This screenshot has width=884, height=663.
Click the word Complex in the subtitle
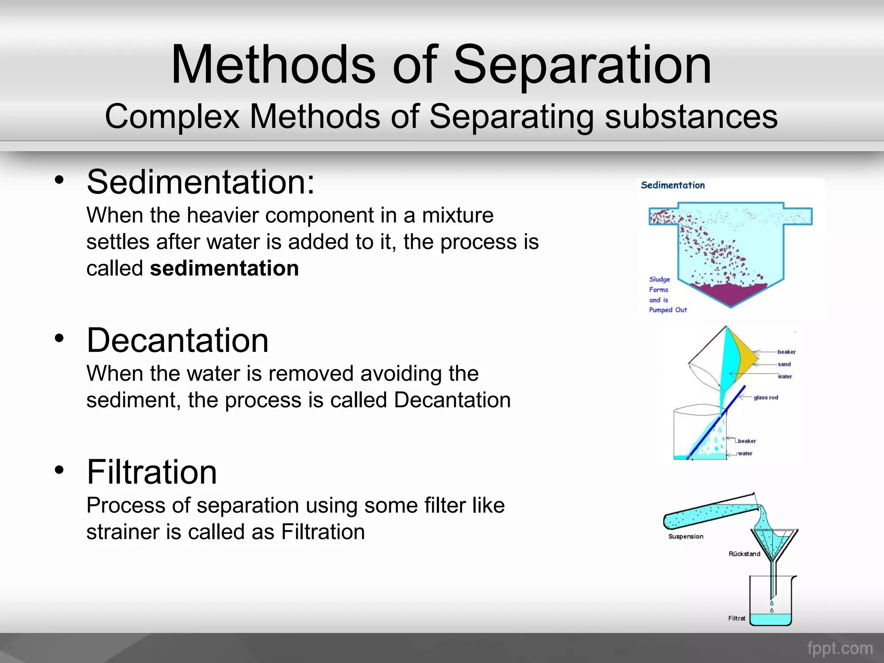click(x=172, y=117)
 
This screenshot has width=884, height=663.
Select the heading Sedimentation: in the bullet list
click(x=201, y=182)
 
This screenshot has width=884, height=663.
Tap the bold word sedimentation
click(x=224, y=268)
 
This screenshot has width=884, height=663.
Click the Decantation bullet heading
click(x=177, y=340)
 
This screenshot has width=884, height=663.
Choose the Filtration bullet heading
click(x=152, y=472)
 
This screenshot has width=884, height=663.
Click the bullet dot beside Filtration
click(x=59, y=470)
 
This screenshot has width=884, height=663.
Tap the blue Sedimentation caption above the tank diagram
click(x=672, y=185)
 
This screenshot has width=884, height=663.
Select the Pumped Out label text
click(x=668, y=310)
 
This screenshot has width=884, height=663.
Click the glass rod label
click(x=766, y=398)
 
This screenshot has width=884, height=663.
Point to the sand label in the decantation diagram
click(x=784, y=364)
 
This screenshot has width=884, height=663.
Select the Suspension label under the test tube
click(x=685, y=537)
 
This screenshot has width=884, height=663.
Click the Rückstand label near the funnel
click(x=744, y=554)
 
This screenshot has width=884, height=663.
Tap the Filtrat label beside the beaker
click(x=736, y=619)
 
